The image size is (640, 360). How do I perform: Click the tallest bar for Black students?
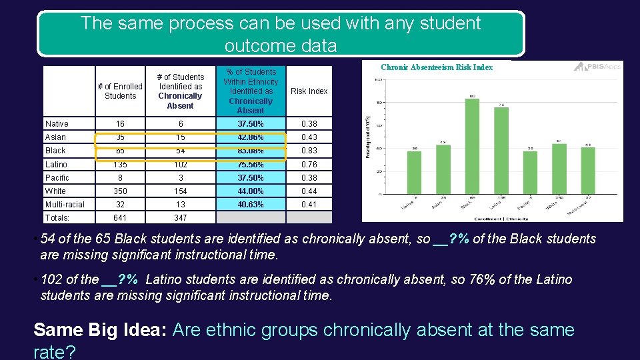[471, 147]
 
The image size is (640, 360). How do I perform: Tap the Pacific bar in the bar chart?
[530, 173]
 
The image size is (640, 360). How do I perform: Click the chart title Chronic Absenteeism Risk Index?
[437, 67]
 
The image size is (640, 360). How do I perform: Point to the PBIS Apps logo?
[597, 67]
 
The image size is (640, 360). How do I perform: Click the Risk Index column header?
[309, 91]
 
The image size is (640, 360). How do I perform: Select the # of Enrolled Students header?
[120, 91]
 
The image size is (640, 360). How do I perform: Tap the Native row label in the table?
[57, 124]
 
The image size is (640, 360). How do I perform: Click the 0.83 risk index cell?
[309, 151]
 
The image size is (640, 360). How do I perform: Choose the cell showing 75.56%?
[251, 165]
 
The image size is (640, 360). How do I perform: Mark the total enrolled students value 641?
[120, 218]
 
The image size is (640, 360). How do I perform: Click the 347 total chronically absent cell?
[180, 218]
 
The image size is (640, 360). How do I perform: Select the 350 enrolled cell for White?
[120, 191]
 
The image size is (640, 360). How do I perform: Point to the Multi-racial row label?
[65, 205]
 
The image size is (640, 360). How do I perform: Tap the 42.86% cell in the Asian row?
[251, 137]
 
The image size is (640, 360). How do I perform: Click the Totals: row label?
[58, 218]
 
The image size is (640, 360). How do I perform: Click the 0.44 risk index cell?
[309, 191]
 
